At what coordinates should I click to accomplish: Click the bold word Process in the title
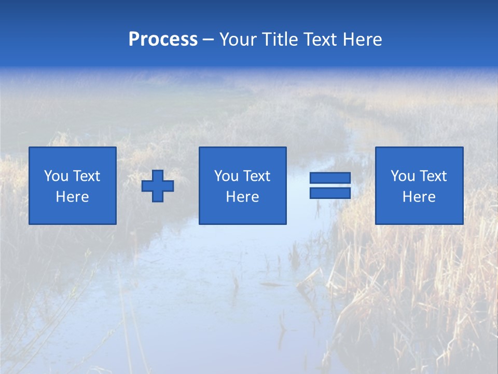(163, 39)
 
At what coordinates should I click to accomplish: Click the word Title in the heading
(280, 39)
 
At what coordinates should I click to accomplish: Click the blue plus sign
(158, 186)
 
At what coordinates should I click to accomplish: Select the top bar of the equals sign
(330, 178)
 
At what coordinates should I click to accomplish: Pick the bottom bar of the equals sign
(330, 193)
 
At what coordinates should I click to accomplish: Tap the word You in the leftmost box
(56, 176)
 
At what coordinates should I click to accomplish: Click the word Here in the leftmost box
(73, 197)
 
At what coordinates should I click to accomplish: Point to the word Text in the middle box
(257, 176)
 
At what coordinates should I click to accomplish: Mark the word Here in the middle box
(242, 197)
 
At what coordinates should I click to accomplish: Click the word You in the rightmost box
(403, 176)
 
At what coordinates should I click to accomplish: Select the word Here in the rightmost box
(419, 197)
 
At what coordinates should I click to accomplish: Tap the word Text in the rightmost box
(433, 176)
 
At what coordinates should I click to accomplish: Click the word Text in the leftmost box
(87, 176)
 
